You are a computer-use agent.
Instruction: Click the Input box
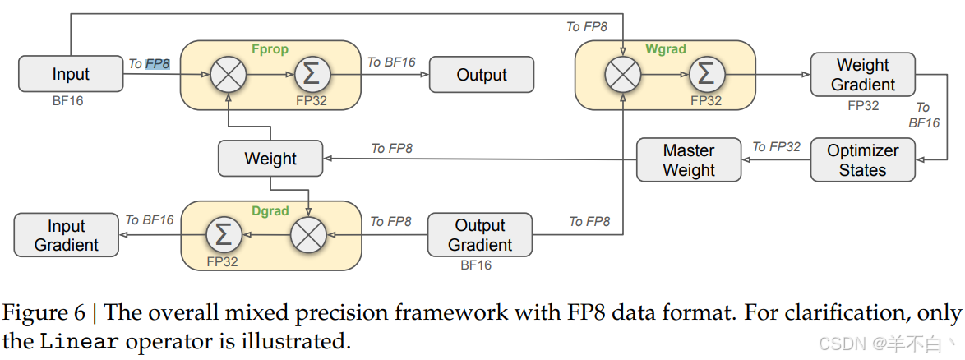(x=71, y=74)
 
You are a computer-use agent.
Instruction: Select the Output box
(x=482, y=75)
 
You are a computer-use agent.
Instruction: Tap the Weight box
(x=270, y=159)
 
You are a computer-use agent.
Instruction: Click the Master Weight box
(x=689, y=160)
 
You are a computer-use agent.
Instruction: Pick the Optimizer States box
(x=862, y=160)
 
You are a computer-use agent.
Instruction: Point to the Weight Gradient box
(x=862, y=74)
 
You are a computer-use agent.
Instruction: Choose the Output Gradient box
(x=480, y=235)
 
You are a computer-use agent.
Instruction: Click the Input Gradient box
(x=66, y=235)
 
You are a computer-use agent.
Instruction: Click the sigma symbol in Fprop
(x=311, y=75)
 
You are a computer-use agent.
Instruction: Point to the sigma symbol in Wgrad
(x=704, y=75)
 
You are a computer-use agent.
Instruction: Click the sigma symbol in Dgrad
(x=223, y=236)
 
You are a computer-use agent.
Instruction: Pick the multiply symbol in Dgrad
(x=309, y=236)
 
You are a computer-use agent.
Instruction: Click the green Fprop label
(x=270, y=49)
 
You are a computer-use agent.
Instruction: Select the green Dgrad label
(x=270, y=211)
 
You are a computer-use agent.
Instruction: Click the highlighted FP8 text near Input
(x=158, y=63)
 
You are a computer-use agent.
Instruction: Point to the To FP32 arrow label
(x=777, y=147)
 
